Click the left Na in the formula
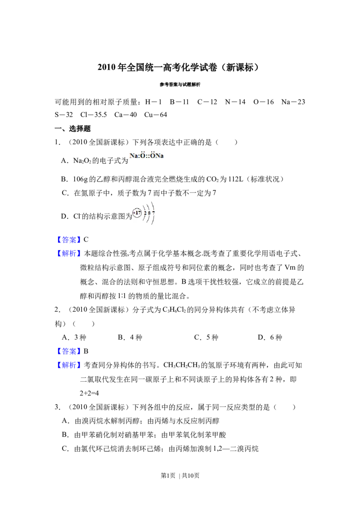[134, 156]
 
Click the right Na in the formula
[160, 156]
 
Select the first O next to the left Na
[142, 156]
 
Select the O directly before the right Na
[153, 156]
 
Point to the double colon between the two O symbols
[148, 156]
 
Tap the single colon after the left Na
[139, 156]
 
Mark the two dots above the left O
[142, 152]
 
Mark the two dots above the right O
[153, 152]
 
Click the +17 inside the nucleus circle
[137, 213]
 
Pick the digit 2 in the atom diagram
[145, 213]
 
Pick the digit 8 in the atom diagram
[149, 213]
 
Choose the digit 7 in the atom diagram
[153, 213]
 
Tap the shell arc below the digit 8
[149, 219]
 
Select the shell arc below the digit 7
[154, 220]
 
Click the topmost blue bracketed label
[70, 239]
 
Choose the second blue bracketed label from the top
[70, 254]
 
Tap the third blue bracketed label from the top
[70, 351]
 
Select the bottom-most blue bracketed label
[70, 365]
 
